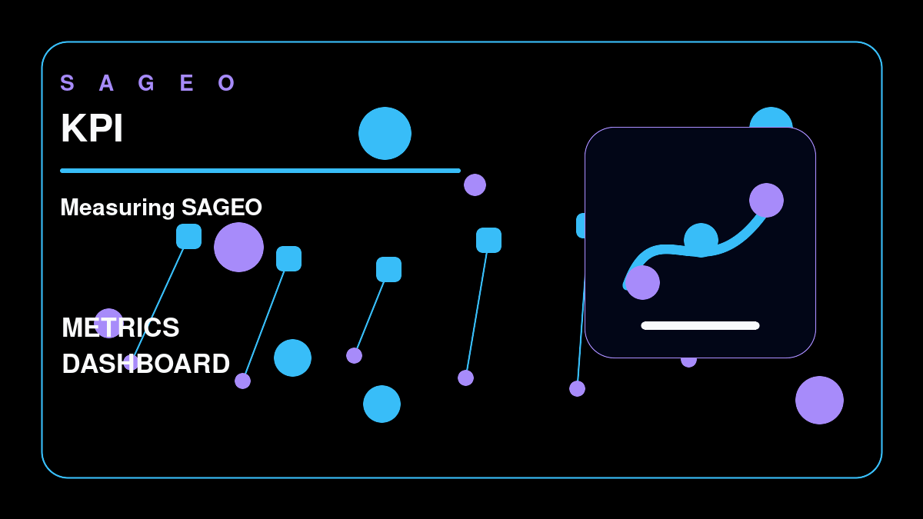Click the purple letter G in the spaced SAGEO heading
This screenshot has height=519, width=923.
146,83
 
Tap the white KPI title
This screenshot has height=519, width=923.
92,128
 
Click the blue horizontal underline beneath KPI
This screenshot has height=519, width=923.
261,171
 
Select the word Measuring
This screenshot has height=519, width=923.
118,208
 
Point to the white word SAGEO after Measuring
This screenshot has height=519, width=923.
222,207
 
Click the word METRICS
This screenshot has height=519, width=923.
120,328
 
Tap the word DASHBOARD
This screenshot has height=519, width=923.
146,364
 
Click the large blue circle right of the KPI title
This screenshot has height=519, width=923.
385,134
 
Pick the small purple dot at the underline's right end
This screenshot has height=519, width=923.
475,185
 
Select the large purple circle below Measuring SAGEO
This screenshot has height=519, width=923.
238,247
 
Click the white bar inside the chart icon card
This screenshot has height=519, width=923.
700,326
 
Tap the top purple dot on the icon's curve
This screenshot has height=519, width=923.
766,200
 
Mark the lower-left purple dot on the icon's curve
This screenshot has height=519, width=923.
642,283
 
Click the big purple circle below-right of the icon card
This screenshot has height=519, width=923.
820,400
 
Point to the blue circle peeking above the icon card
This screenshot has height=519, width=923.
771,118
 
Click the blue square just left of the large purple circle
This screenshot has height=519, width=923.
188,237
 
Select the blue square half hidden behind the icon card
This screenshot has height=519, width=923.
581,226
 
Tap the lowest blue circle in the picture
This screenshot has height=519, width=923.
382,404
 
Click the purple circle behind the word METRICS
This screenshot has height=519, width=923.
108,324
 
